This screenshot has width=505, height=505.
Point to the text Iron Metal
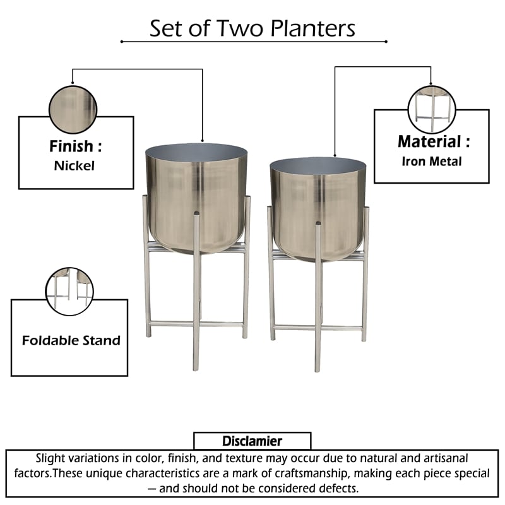click(431, 161)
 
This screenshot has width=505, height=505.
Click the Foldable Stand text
click(71, 340)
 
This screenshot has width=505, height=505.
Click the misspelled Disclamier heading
click(252, 441)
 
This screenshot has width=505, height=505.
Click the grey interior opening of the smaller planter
click(319, 167)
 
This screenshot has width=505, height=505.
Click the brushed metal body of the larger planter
click(196, 202)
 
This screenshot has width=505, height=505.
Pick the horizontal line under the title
click(253, 42)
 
